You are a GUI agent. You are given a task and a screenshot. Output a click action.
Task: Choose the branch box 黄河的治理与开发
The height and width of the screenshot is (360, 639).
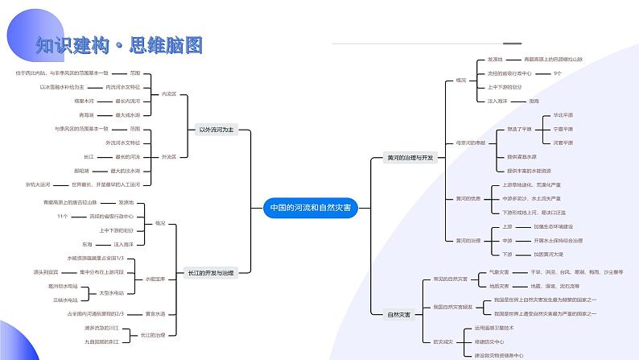[410, 158]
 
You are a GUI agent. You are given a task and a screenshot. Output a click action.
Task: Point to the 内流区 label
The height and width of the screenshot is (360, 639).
[168, 94]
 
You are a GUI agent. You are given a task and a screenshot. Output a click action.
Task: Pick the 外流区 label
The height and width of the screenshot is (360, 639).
[168, 156]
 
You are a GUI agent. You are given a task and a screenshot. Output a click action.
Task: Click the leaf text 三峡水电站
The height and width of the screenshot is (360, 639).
[65, 299]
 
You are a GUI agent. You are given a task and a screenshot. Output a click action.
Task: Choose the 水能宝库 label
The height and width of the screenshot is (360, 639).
[155, 279]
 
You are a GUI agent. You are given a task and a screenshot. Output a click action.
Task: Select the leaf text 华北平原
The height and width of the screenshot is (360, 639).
[563, 115]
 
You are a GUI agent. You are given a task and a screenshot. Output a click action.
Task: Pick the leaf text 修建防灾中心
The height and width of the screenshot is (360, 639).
[491, 342]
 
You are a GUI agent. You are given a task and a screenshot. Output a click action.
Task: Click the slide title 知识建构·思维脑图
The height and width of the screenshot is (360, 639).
[119, 45]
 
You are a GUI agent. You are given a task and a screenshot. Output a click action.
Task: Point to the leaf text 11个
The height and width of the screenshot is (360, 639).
[63, 216]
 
